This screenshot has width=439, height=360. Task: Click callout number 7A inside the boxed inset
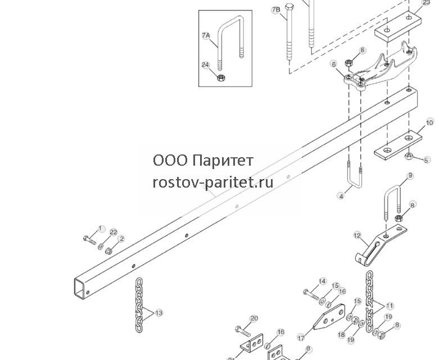tap(206, 35)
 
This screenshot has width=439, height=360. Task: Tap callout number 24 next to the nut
tap(206, 65)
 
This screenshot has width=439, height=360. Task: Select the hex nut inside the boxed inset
tap(221, 78)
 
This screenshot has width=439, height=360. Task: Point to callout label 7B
tap(276, 10)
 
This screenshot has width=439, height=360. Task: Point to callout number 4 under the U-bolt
tap(341, 196)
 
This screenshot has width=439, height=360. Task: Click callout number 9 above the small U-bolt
tap(410, 176)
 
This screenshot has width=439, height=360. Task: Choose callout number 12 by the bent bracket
tap(357, 235)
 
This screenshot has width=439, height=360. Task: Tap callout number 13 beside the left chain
tap(159, 313)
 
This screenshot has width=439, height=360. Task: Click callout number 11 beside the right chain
tap(390, 306)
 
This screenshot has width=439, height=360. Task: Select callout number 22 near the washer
tap(113, 232)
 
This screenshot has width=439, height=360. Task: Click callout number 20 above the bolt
tap(254, 318)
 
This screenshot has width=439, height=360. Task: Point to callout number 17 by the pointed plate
tap(301, 339)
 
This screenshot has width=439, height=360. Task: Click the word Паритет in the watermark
tap(223, 161)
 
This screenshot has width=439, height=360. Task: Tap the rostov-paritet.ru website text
tap(213, 183)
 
